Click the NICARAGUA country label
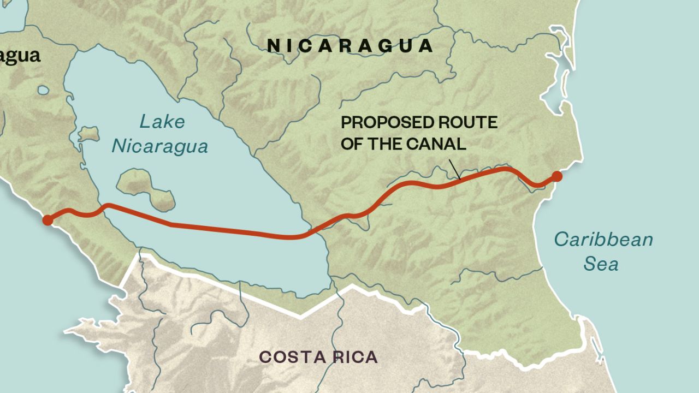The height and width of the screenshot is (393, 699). [x=350, y=46]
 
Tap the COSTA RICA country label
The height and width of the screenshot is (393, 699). [x=318, y=357]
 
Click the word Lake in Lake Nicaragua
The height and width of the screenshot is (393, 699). [x=162, y=122]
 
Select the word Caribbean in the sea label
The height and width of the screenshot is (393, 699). [x=603, y=240]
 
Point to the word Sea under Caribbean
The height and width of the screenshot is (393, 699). [x=601, y=264]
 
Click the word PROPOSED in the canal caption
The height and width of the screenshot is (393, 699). [x=380, y=122]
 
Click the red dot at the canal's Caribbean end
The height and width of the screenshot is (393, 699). [x=556, y=176]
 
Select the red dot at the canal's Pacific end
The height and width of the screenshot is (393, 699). [x=48, y=221]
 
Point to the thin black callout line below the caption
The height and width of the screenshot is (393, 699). [x=454, y=169]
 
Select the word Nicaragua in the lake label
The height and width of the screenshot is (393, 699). [x=160, y=146]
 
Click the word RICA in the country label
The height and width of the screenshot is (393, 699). [x=353, y=357]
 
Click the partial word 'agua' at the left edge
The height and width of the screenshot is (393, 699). [x=20, y=56]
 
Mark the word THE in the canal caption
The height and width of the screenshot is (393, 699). [x=388, y=144]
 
